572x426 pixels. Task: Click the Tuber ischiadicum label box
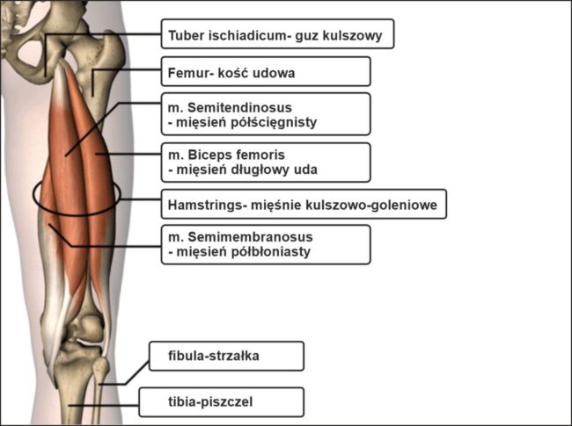point(276,35)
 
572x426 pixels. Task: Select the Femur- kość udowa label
point(265,71)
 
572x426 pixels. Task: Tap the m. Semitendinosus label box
point(265,113)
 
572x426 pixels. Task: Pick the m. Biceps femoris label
point(265,162)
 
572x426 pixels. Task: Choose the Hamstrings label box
point(303,206)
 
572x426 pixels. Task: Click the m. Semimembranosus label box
point(265,244)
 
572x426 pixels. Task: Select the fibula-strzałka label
point(226,356)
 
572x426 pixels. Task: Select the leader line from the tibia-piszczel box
point(106,404)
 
